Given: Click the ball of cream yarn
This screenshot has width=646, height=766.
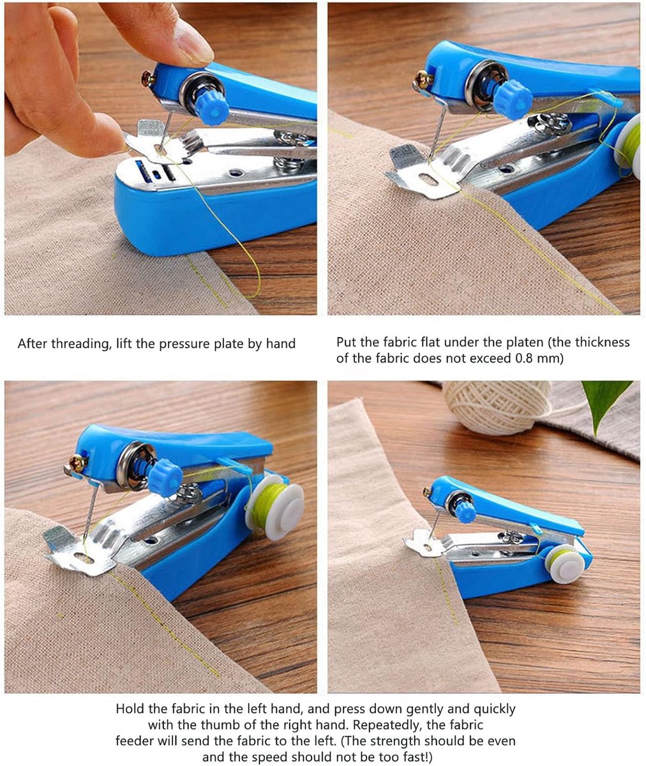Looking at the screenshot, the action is coord(497,407).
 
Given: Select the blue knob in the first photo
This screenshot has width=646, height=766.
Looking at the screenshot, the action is coord(212,107).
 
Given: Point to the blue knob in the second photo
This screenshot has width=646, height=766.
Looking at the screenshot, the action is coord(513,99).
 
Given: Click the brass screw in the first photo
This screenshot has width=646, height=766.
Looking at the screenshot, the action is coord(148,79).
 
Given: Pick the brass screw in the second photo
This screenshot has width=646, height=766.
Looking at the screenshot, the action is coord(424,79).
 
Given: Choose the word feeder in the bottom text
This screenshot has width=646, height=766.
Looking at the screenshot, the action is coord(135,740).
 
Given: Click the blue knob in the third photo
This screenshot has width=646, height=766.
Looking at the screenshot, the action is coord(165,477).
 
